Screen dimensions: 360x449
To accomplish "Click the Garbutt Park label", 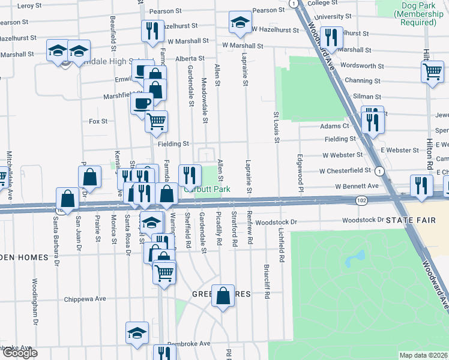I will (208, 189).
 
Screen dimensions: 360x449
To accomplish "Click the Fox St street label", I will (98, 121).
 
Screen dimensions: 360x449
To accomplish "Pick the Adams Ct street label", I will (334, 126).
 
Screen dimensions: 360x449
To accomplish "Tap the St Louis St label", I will (277, 127).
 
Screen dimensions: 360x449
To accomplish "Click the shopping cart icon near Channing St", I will (432, 72).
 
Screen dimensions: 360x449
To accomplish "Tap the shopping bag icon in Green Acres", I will (223, 295).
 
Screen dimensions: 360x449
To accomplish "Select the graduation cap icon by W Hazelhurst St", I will (240, 23).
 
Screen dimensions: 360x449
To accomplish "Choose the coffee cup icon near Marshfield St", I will (142, 103).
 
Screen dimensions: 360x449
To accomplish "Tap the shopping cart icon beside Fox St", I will (157, 121).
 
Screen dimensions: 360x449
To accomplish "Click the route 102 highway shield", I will (361, 200).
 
